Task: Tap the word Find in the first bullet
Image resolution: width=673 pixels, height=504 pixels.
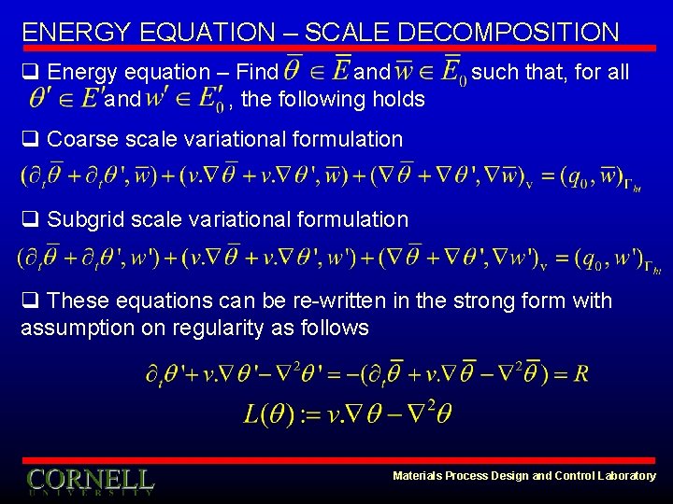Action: coord(257,72)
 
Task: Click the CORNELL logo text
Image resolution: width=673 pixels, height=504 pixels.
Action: coord(90,480)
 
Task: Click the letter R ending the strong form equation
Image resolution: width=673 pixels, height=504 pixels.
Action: coord(581,374)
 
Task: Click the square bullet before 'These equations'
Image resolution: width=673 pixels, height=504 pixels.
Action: coord(30,301)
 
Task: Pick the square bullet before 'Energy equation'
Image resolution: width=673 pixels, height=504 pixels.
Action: coord(30,73)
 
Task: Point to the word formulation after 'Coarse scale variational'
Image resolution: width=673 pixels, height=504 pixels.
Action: coord(348,140)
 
